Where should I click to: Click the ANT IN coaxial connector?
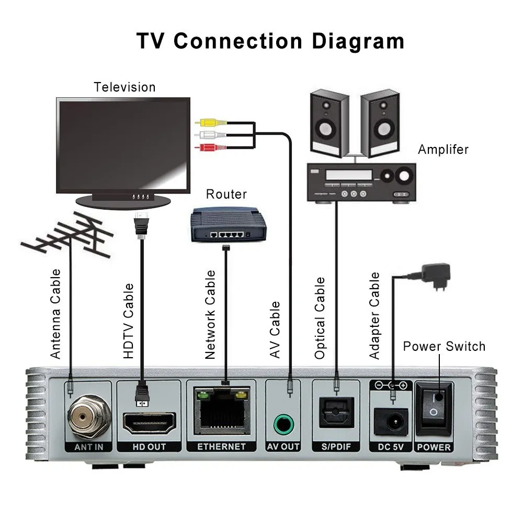(x=86, y=417)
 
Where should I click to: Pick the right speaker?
(x=380, y=123)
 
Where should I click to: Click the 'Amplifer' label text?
(x=443, y=150)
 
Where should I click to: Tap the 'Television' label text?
(x=124, y=87)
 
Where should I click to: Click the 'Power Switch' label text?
(x=444, y=346)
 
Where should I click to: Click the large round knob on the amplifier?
(x=403, y=177)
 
